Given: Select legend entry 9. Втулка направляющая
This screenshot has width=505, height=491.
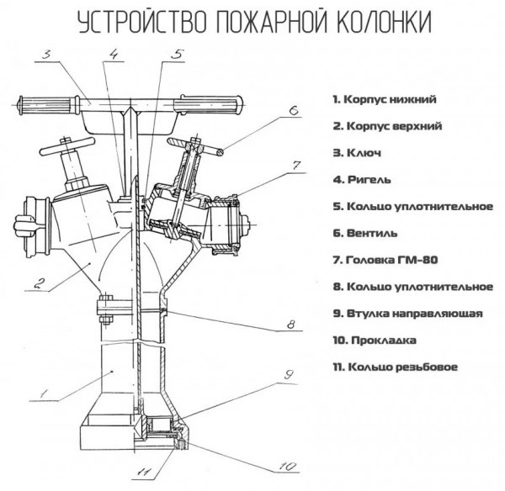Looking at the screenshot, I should [407, 314].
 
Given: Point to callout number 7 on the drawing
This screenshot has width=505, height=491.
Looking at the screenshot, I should [295, 162].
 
